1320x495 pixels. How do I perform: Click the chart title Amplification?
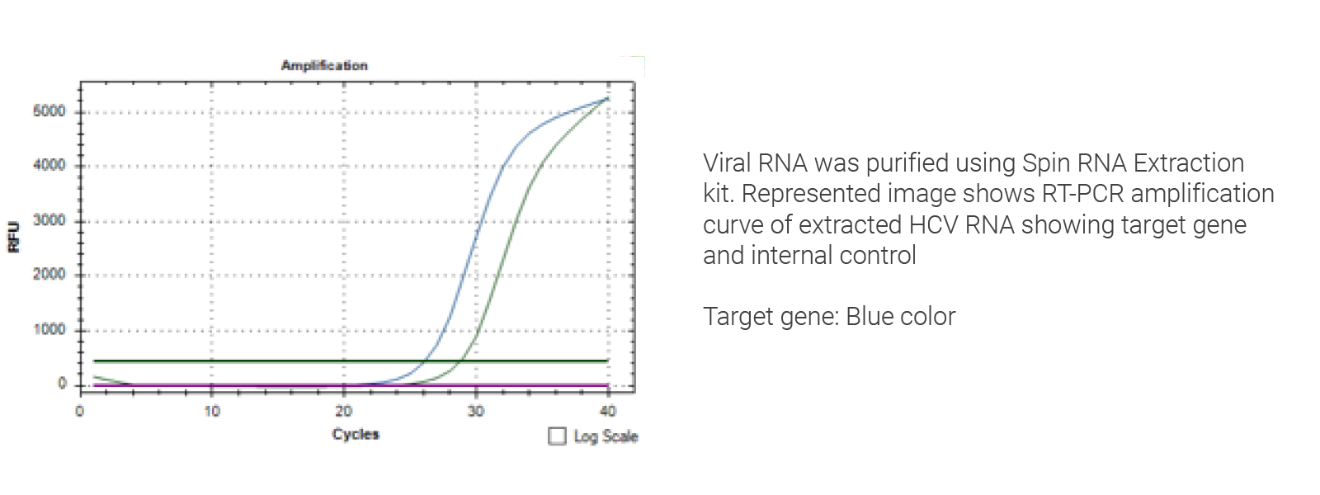(x=324, y=65)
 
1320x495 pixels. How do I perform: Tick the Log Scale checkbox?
(x=558, y=436)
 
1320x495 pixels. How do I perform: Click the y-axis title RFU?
(x=13, y=237)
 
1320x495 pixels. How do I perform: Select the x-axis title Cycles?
(x=356, y=434)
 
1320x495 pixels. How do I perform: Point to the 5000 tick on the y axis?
(x=49, y=111)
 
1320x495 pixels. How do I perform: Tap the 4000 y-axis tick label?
(x=49, y=165)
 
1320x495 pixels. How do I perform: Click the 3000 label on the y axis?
(x=49, y=220)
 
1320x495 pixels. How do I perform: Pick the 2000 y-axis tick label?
(x=49, y=274)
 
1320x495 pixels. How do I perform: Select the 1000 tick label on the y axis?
(x=49, y=329)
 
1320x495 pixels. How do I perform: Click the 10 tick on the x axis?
(x=212, y=411)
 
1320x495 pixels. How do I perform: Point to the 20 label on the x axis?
(x=344, y=411)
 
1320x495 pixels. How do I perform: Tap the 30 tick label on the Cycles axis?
(x=476, y=411)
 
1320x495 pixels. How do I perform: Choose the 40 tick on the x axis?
(x=608, y=411)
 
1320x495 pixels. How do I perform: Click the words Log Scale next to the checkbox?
(x=606, y=436)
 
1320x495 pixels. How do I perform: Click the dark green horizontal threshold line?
(x=247, y=361)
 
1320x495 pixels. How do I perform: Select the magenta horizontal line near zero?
(x=247, y=385)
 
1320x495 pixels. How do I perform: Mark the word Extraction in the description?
(x=1189, y=163)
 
